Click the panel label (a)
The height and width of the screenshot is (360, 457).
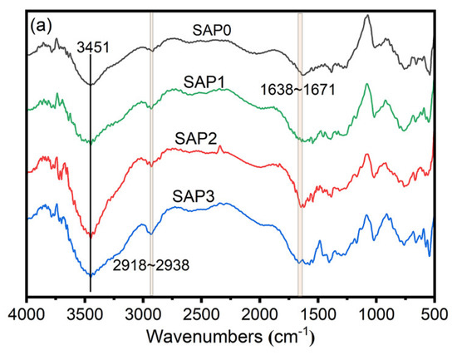[x=42, y=25]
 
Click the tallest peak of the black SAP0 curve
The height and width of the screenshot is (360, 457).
[x=366, y=16]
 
